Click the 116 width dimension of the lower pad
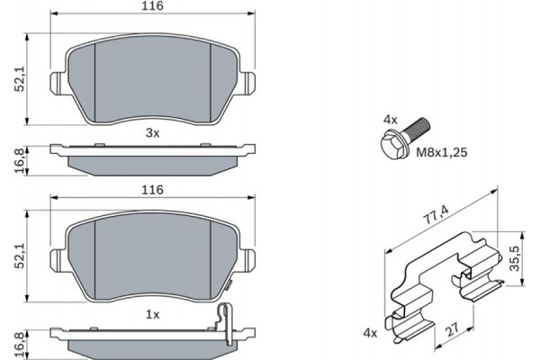[152, 190]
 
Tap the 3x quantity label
[152, 133]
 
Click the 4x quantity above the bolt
[389, 118]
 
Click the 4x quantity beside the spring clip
[369, 333]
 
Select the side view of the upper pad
[152, 156]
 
